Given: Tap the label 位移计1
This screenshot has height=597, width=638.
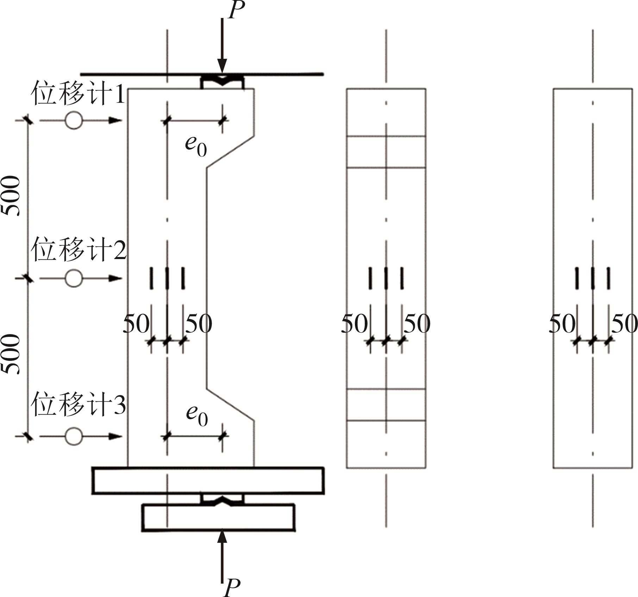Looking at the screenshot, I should pos(78,93).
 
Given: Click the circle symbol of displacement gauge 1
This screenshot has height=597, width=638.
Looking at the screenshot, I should pos(74,120).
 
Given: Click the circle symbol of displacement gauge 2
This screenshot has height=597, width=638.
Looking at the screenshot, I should pos(74,278).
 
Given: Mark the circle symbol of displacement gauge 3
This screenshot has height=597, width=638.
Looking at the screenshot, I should pos(74,436).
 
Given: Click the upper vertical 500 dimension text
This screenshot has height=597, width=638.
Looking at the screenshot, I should pos(11,196).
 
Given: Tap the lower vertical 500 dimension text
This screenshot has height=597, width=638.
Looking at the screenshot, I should pos(11,354).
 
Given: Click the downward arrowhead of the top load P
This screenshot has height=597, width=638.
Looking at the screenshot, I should pos(222,67).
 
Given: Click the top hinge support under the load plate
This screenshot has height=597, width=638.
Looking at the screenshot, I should pos(222,82).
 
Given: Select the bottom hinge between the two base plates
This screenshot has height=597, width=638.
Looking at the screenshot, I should pos(222,499).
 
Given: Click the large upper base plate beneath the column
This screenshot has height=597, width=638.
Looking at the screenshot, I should pos(208,480).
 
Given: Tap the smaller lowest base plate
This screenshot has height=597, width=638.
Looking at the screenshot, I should pos(218,517).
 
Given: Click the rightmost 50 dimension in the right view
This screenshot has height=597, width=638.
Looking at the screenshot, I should pos(624,323).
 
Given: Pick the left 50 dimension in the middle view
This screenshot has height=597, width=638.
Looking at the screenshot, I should pos(354,323).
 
